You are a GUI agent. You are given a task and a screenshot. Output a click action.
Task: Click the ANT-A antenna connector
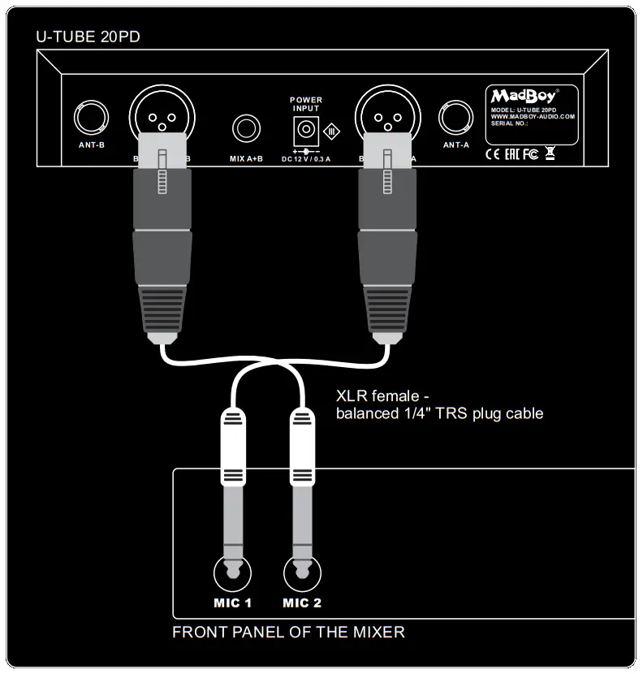coord(455,119)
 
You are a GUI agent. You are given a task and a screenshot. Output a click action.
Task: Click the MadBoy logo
coord(524,97)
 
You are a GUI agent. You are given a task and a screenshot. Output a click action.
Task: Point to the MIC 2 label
coord(302,603)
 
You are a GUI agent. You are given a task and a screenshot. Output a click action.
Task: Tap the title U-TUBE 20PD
coord(83,37)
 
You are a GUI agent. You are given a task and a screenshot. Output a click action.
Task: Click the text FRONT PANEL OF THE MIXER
coord(288,632)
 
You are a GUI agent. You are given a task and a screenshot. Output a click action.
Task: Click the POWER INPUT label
coord(306,104)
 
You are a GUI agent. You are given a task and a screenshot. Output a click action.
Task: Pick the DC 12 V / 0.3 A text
coord(306,159)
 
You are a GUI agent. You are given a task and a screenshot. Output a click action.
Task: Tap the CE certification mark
coord(493,153)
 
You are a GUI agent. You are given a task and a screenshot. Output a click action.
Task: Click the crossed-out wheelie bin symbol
coord(550,153)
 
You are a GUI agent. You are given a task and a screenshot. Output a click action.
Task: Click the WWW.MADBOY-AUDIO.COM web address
coord(533,116)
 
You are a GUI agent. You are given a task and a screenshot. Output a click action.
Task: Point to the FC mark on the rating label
coord(530,153)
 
